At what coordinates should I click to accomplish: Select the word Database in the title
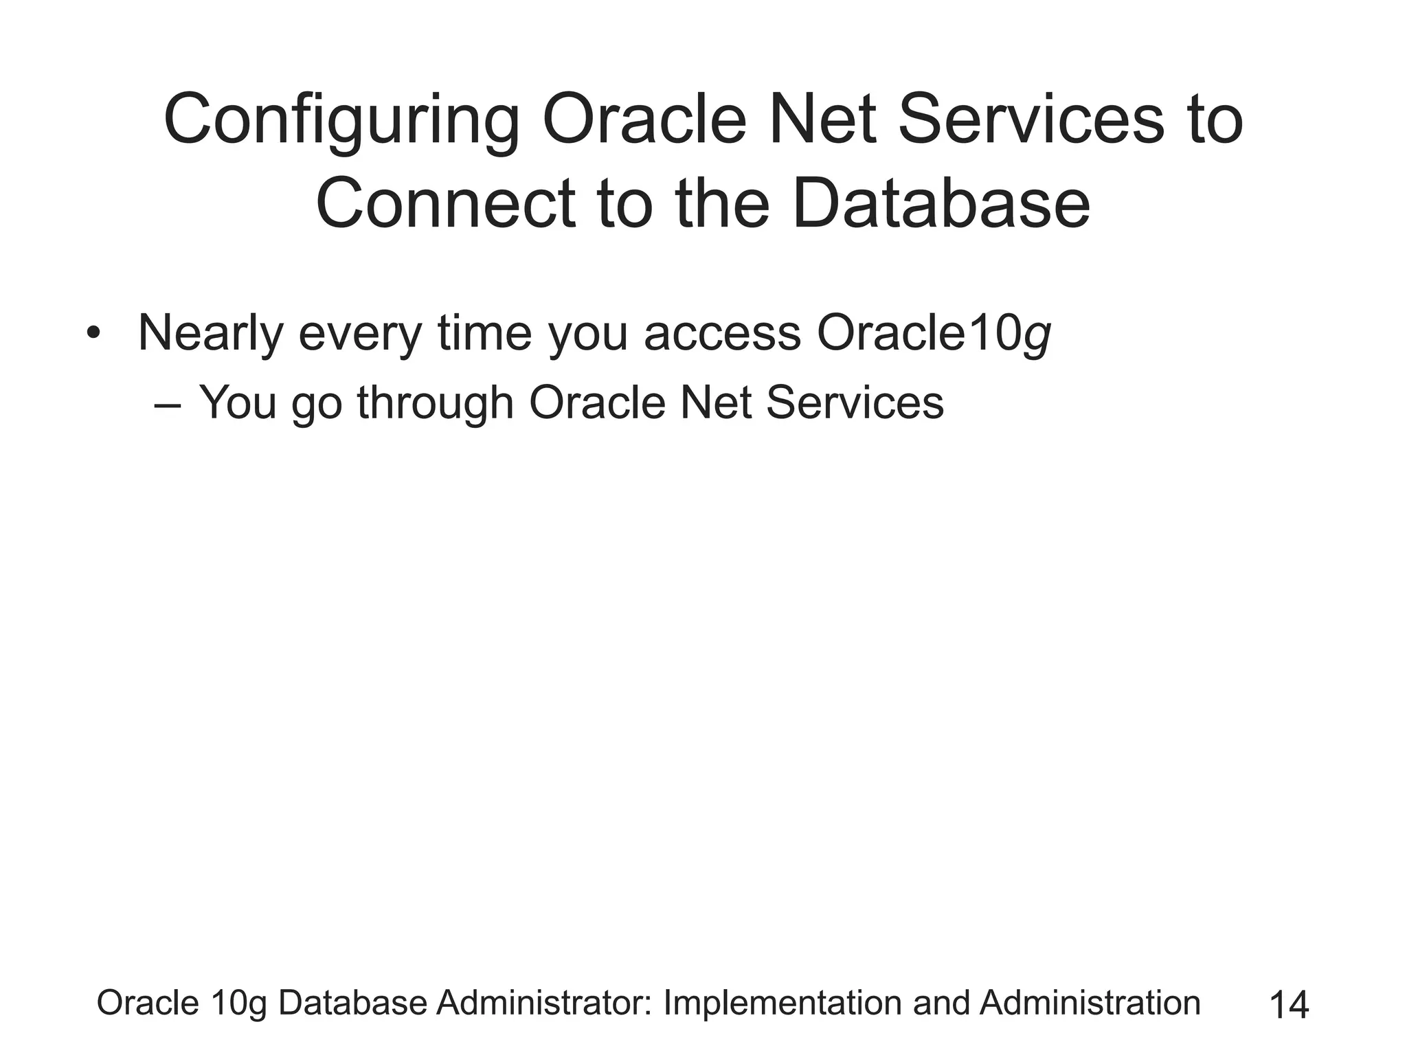click(x=941, y=204)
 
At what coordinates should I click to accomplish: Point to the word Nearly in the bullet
click(x=210, y=334)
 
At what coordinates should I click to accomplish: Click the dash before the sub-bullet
click(x=168, y=405)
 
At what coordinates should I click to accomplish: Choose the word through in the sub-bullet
click(x=436, y=403)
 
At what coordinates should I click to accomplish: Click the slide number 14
click(x=1289, y=1005)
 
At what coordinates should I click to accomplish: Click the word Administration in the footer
click(x=1090, y=1003)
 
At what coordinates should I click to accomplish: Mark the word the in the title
click(x=725, y=204)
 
